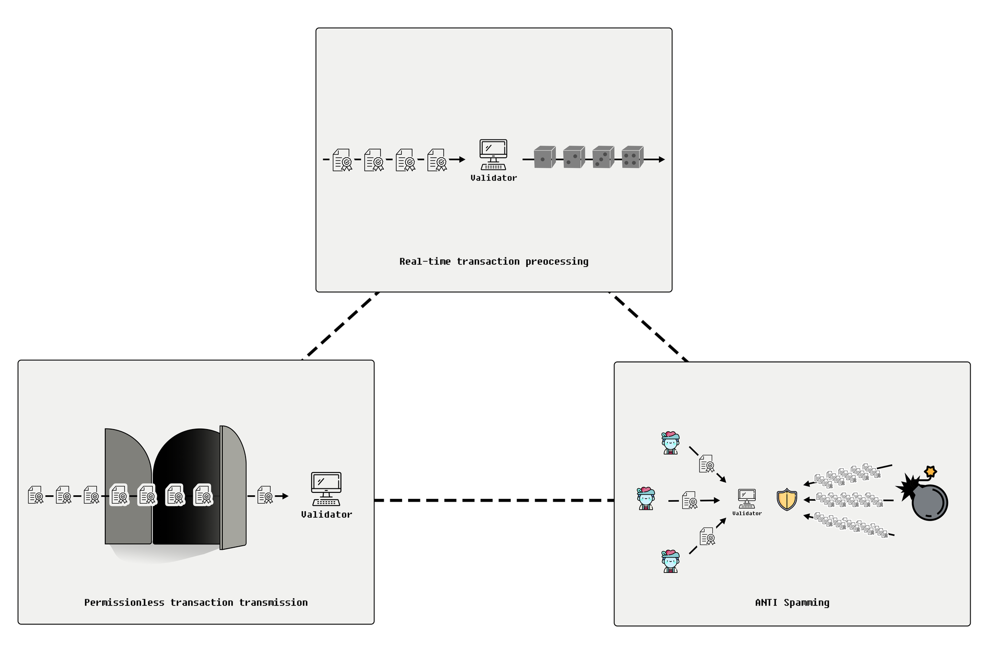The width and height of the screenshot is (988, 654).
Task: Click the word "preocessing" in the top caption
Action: [x=557, y=262]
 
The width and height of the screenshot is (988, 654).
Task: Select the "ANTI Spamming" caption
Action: [x=792, y=603]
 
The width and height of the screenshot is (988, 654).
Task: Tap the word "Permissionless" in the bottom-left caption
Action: [x=124, y=603]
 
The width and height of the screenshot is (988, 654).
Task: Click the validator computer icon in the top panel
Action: [x=493, y=155]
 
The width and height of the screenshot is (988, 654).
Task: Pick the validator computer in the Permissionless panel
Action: [x=326, y=489]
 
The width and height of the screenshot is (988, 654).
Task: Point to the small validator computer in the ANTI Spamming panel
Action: [x=746, y=499]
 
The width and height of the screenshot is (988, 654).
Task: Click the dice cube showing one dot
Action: [x=544, y=157]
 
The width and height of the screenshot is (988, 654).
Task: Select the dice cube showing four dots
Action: [x=632, y=157]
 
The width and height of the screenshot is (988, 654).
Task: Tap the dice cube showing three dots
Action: [x=603, y=157]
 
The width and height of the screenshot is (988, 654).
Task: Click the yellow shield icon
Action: [x=786, y=499]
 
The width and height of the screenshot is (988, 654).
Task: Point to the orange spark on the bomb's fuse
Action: [x=931, y=472]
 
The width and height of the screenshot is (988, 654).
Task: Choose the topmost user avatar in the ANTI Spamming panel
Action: [x=670, y=443]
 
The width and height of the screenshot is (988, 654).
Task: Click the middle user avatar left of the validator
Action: [x=646, y=498]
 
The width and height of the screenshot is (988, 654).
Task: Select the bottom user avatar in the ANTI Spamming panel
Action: [x=670, y=561]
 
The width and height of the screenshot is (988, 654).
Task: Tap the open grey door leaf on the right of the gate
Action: [x=233, y=487]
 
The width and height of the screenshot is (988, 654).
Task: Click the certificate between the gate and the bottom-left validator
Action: [x=265, y=495]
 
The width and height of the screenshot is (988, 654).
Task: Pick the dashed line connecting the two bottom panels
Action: [x=494, y=500]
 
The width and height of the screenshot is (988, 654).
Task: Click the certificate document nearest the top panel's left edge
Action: [x=342, y=160]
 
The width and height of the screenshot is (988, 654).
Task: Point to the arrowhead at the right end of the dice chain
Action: [x=662, y=159]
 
